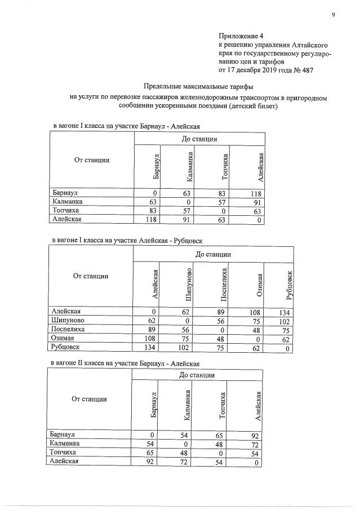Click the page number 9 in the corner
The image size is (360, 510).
pyautogui.click(x=333, y=14)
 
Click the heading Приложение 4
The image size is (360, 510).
pyautogui.click(x=241, y=36)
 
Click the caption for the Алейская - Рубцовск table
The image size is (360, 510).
pyautogui.click(x=127, y=240)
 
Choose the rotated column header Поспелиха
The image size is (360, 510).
pyautogui.click(x=223, y=285)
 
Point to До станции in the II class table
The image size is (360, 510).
pyautogui.click(x=198, y=375)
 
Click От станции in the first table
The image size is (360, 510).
pyautogui.click(x=92, y=160)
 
